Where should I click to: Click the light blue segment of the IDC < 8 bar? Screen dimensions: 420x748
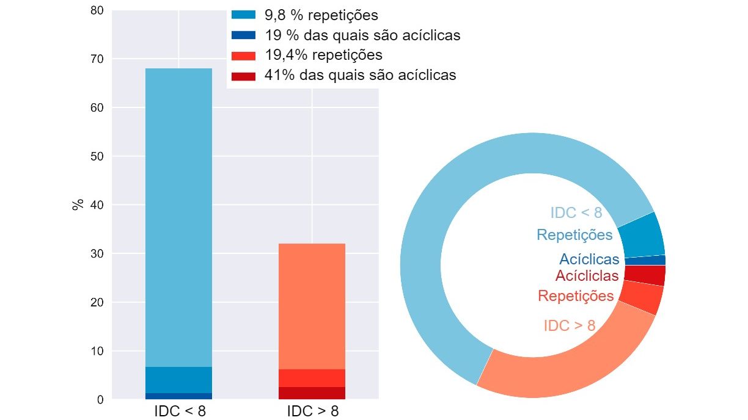178,214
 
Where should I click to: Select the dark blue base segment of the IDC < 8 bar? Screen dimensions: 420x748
178,396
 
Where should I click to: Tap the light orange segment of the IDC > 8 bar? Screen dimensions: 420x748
312,305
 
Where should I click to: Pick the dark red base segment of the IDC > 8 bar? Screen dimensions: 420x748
312,393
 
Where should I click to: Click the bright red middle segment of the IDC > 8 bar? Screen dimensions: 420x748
312,378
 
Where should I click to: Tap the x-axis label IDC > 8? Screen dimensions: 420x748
312,410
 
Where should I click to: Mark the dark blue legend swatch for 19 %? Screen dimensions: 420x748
243,35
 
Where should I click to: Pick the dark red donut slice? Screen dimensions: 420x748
645,275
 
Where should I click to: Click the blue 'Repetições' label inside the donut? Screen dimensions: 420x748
574,234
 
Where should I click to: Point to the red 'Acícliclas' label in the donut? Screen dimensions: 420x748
587,276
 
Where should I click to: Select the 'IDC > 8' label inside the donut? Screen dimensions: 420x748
570,325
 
